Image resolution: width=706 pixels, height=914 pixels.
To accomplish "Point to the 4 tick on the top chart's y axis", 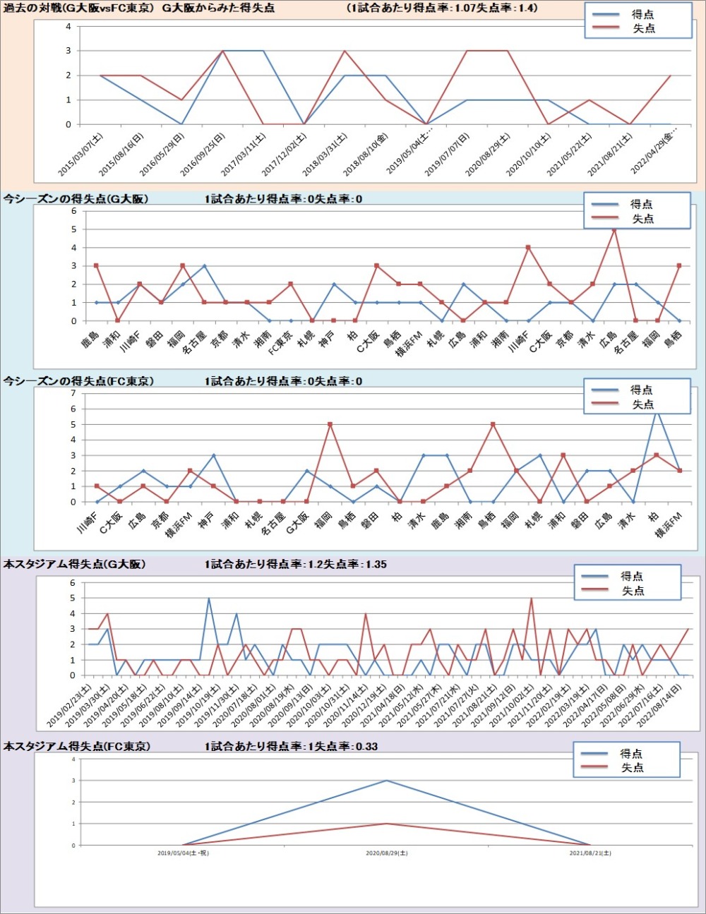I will [68, 27].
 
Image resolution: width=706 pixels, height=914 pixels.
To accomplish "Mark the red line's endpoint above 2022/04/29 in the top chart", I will [670, 76].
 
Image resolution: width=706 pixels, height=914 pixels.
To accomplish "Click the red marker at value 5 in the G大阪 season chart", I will [614, 229].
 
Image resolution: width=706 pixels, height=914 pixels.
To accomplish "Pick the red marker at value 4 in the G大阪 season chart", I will [527, 248].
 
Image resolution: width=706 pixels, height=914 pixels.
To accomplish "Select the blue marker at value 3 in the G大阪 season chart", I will [204, 266].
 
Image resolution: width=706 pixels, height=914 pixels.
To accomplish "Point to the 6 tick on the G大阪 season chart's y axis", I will [73, 211].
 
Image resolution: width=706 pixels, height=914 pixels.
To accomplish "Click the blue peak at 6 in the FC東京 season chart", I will [657, 410].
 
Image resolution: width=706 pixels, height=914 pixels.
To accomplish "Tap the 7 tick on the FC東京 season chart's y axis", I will [73, 393].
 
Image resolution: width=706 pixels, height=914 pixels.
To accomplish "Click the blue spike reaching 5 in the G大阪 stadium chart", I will [208, 599].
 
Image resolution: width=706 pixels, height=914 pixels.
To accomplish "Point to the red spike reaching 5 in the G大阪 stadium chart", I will [531, 599].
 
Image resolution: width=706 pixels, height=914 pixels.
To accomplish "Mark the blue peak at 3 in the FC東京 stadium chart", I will [386, 781].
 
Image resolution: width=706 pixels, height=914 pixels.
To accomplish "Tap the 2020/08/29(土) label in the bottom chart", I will [386, 853].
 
